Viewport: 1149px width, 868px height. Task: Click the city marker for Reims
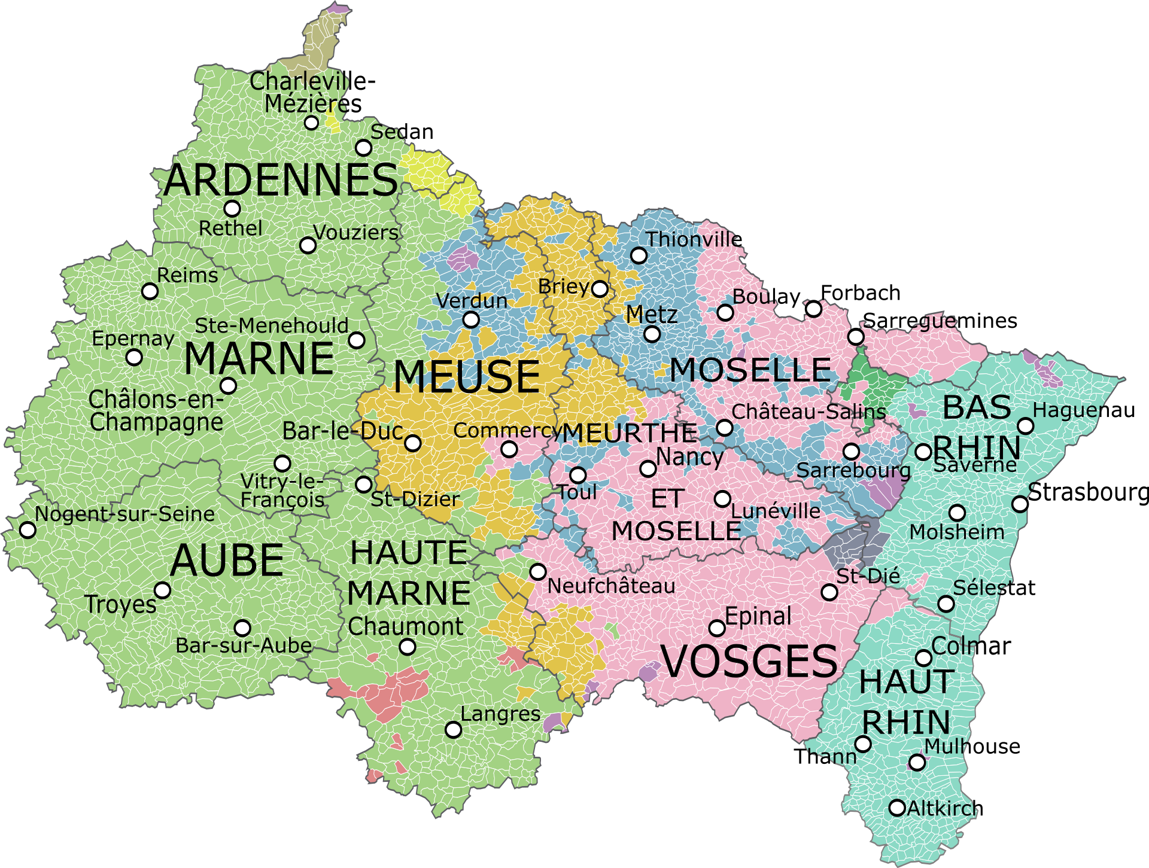(150, 291)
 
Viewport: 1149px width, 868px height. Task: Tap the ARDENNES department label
(280, 180)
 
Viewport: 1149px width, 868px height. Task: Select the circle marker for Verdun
(472, 319)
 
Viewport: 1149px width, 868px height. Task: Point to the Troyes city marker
(162, 590)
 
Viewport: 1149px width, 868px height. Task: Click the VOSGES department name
(749, 662)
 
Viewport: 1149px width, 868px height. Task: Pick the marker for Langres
(454, 730)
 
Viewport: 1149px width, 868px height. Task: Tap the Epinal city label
(758, 616)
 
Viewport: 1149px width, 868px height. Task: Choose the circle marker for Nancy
(648, 468)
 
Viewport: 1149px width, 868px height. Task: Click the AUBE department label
(226, 561)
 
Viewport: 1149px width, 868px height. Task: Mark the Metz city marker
(652, 334)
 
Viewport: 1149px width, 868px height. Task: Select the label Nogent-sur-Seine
(124, 514)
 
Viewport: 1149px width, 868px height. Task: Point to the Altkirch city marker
(896, 808)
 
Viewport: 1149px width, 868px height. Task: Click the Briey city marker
(600, 289)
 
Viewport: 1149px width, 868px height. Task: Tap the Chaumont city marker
(407, 647)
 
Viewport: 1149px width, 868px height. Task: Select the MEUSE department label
(467, 377)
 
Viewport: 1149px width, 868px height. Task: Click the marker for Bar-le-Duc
(412, 443)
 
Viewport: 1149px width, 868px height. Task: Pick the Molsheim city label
(956, 532)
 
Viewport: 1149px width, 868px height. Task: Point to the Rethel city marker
(232, 209)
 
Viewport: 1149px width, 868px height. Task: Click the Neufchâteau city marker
(538, 572)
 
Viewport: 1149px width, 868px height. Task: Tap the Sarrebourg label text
(853, 471)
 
